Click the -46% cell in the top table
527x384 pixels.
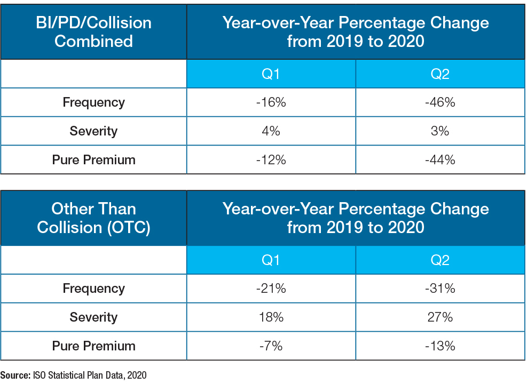tap(440, 102)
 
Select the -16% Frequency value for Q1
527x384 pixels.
tap(271, 102)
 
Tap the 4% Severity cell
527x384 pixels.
tap(271, 131)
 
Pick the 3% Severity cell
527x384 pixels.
tap(440, 131)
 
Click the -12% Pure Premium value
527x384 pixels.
tap(271, 159)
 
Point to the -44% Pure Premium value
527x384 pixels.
tap(440, 159)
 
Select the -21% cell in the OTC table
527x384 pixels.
tap(271, 289)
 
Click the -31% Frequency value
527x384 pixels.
tap(440, 289)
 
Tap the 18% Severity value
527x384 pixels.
tap(271, 317)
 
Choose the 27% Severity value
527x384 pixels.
tap(440, 317)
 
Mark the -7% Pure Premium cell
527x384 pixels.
tap(271, 346)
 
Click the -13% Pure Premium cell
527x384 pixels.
tap(440, 346)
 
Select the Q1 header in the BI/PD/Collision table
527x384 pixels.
tap(271, 74)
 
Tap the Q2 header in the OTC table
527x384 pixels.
tap(440, 260)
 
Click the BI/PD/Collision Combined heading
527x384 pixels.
tap(93, 31)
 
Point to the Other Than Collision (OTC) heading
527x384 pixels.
tap(93, 218)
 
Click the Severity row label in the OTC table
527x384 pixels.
tap(93, 317)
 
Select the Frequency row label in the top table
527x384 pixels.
tap(93, 102)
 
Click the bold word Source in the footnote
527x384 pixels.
tap(14, 375)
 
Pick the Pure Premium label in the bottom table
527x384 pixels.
tap(93, 346)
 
